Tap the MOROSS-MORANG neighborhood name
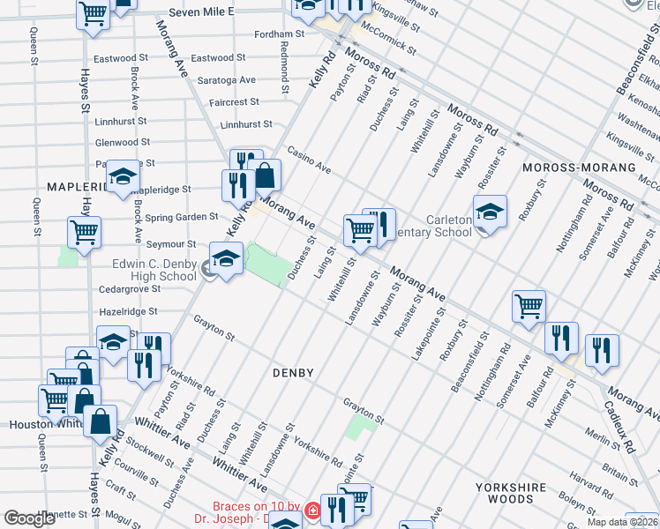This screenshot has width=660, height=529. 579,168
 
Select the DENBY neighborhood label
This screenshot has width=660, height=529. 293,373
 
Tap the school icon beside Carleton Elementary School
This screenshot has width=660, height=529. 490,212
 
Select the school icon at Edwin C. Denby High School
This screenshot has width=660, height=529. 226,259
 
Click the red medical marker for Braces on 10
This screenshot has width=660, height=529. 311,510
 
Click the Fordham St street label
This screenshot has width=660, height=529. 279,34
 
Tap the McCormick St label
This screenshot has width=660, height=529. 388,41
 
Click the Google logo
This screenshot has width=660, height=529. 30,518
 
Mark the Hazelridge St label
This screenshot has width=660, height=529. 128,311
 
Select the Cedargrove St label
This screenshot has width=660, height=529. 130,288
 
